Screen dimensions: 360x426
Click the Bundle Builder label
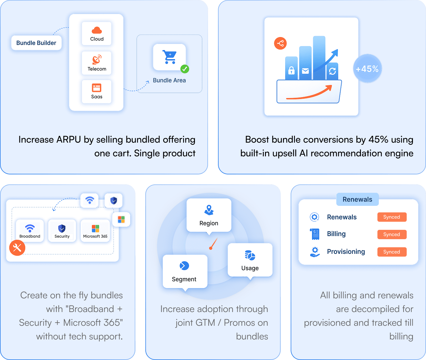coord(36,43)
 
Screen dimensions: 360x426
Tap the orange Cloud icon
coord(97,30)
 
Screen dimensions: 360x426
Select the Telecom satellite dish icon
coord(97,59)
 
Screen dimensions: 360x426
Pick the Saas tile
coord(97,92)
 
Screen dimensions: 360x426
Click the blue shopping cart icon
coord(170,57)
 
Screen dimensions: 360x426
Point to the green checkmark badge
coord(185,69)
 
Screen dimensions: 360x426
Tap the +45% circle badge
coord(367,69)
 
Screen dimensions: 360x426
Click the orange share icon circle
coord(280,43)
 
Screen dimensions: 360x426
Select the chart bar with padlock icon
coord(291,69)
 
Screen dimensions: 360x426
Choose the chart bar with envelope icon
coord(305,64)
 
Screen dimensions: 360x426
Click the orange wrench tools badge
coord(17,248)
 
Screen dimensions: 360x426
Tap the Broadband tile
coord(30,231)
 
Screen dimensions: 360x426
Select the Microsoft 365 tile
coord(95,231)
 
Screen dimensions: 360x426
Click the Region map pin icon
coord(209,210)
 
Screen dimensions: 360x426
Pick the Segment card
coord(185,271)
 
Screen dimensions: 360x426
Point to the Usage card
coord(250,260)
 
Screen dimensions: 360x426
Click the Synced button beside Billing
coord(392,234)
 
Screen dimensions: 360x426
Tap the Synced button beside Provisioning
coord(392,252)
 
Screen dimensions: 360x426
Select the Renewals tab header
coord(357,199)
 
